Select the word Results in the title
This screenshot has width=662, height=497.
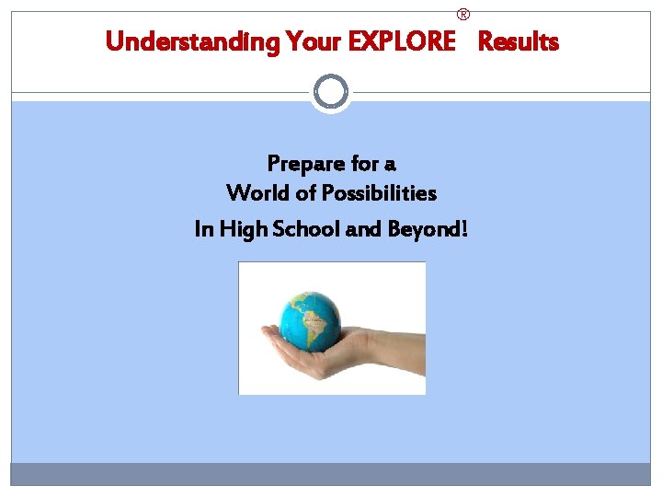518,41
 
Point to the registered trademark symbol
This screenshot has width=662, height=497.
463,14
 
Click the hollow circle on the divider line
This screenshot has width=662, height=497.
331,92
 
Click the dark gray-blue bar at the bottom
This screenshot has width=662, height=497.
331,474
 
